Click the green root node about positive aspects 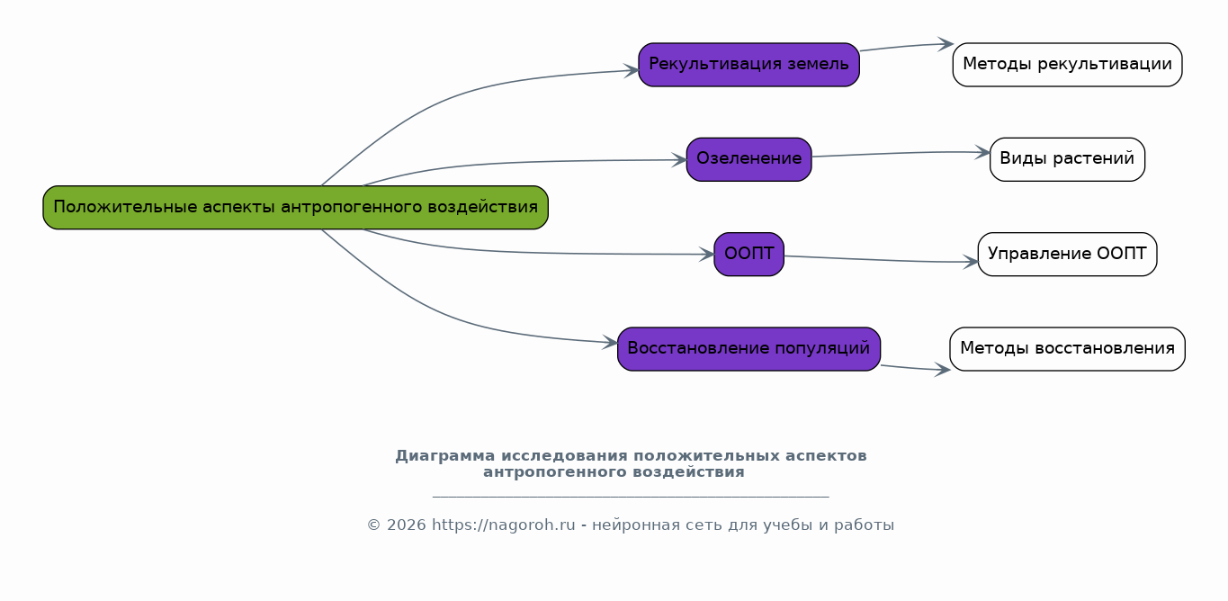[295, 207]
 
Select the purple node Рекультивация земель [748, 65]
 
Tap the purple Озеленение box [748, 159]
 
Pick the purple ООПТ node [748, 255]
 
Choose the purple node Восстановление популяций [748, 349]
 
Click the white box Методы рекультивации [1067, 65]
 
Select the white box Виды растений [1067, 159]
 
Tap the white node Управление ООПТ [1067, 255]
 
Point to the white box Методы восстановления [1067, 349]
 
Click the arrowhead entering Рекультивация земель [632, 71]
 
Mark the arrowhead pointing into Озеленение [680, 160]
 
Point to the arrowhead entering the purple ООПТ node [707, 255]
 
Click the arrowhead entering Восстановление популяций [611, 342]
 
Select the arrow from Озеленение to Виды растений [901, 154]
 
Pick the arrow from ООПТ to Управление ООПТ [881, 260]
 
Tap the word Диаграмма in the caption [445, 455]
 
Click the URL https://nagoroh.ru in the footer [503, 525]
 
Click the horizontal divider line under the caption [631, 497]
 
